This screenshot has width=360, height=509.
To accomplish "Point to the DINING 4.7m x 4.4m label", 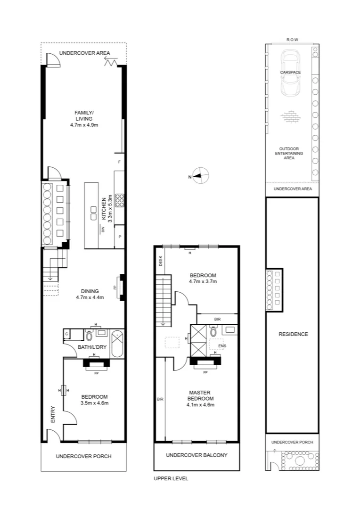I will (x=90, y=294).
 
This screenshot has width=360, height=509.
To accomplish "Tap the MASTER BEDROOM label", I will (x=200, y=398).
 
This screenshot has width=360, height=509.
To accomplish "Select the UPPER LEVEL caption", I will (x=171, y=478).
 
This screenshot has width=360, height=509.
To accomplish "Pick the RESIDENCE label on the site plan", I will (x=293, y=334).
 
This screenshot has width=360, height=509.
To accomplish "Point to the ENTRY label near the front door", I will (x=52, y=415).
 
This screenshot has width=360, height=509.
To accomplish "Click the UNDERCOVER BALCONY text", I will (x=196, y=455).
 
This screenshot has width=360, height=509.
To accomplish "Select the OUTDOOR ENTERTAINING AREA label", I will (x=290, y=153).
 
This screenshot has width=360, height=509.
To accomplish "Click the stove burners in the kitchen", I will (x=119, y=201).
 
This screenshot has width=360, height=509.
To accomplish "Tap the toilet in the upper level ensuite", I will (x=213, y=332).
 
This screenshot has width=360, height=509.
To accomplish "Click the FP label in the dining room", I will (x=115, y=287).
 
